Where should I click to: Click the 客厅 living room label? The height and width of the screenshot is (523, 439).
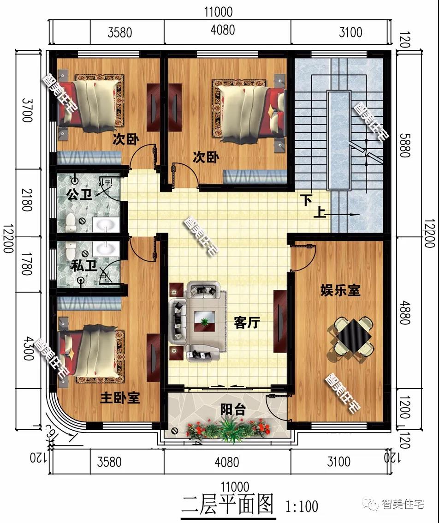tap(247, 323)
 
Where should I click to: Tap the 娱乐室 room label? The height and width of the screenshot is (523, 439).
tap(340, 290)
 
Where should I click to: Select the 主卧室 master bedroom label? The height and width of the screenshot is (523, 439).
tap(120, 397)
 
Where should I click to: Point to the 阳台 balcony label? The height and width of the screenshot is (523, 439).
tap(233, 409)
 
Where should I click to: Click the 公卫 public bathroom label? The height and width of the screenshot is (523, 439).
tap(79, 194)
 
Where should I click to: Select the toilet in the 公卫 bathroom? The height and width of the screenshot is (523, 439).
tap(71, 223)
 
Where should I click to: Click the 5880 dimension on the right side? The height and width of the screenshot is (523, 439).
tap(404, 145)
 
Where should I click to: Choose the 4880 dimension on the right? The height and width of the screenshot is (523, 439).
tap(404, 313)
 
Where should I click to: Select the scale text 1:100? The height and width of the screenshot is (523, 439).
tap(302, 506)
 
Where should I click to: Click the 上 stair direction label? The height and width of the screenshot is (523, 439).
tap(319, 213)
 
